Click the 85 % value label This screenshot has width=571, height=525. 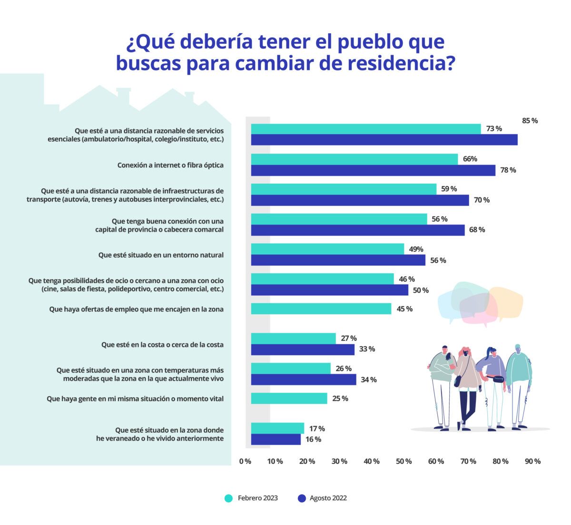point(530,121)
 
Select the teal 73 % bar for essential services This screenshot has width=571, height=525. point(365,129)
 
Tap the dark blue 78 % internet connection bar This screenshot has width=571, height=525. point(373,170)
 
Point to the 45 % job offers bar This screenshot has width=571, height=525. point(321,309)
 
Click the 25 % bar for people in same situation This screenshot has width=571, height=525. point(289,398)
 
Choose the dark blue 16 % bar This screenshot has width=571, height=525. point(276,439)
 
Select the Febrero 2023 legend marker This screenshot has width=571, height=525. point(229,498)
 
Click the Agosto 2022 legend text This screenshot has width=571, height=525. point(328,498)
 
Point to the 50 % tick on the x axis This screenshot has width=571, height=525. point(404,461)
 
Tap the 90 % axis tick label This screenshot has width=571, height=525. point(532,461)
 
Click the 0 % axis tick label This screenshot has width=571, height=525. point(245,461)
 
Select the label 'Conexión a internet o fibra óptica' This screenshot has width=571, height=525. point(170,165)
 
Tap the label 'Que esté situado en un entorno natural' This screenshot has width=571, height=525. point(161,255)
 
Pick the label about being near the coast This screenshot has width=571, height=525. point(162,345)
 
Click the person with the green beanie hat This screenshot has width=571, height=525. point(518,376)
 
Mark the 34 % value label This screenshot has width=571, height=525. point(368,379)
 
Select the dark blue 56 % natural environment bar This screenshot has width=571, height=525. point(338,260)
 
